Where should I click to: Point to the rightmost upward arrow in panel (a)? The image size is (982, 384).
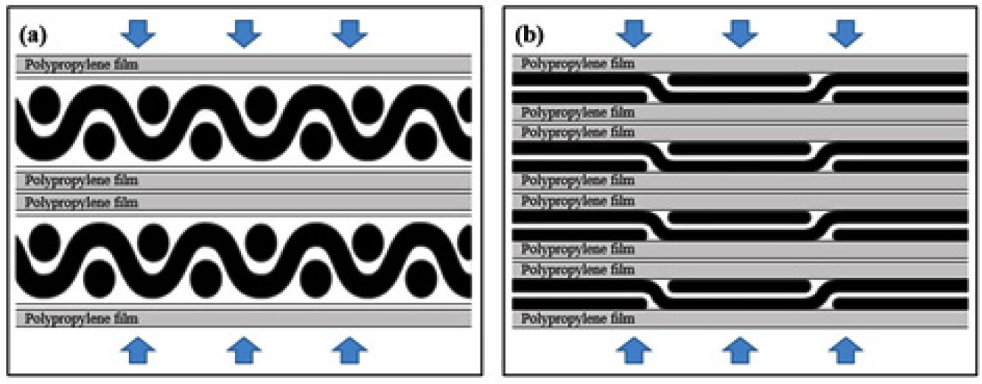[x=349, y=350]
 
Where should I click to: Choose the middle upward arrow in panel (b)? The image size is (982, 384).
[x=739, y=350]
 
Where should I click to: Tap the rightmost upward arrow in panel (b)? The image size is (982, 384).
[x=845, y=350]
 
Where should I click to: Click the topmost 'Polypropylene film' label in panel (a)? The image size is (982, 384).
[x=82, y=65]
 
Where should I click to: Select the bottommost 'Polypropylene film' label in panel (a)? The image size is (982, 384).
[x=82, y=318]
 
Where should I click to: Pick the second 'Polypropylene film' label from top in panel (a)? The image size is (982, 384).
[x=82, y=180]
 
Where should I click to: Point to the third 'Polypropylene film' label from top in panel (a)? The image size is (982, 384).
[x=82, y=201]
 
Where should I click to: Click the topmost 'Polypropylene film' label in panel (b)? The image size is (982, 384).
[x=578, y=64]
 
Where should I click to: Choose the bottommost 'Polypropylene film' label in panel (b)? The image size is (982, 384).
[x=578, y=319]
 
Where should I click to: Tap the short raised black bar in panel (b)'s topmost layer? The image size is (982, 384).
[x=739, y=79]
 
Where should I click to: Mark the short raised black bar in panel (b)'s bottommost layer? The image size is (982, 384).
[x=739, y=285]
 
